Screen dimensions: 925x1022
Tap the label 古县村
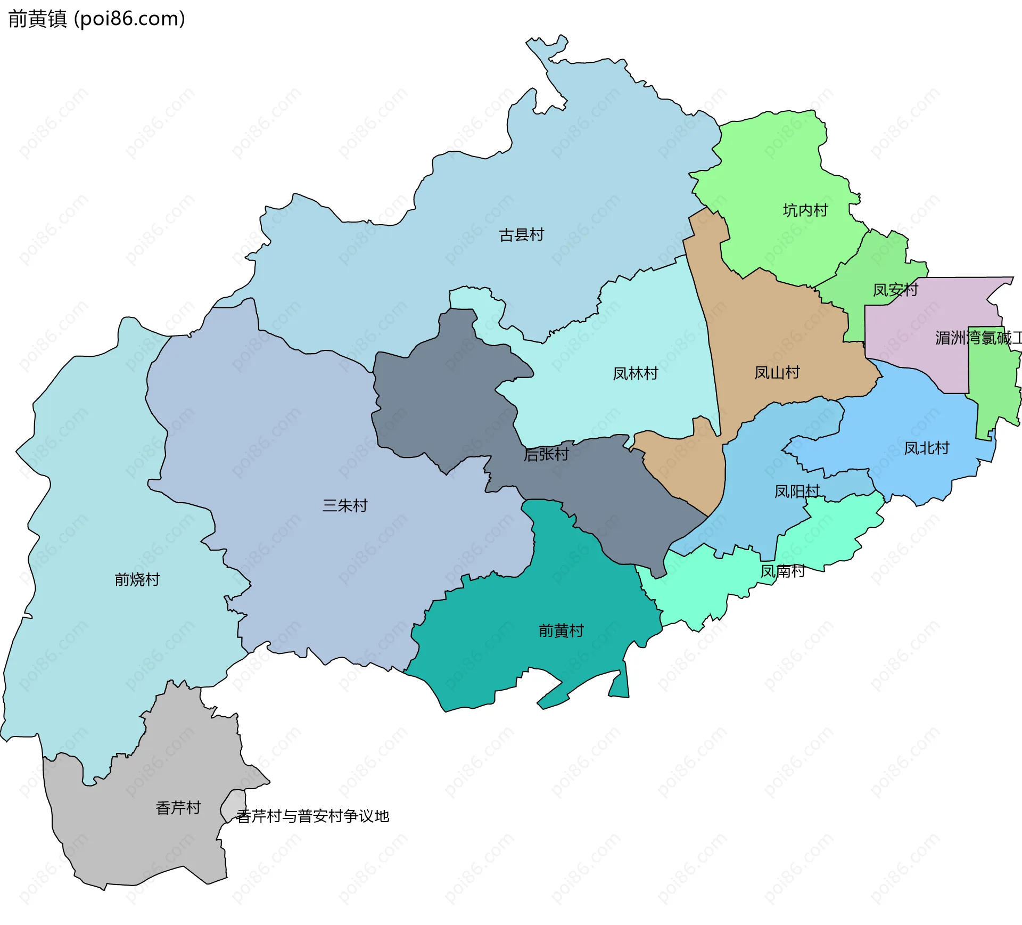(521, 235)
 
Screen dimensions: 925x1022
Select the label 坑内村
(805, 210)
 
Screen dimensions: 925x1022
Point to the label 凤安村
(895, 290)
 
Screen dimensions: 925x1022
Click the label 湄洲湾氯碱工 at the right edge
(978, 338)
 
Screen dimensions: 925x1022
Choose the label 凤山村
(777, 373)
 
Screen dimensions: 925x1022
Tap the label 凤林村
(635, 374)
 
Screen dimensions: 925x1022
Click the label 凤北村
(926, 448)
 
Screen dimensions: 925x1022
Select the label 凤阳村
(796, 492)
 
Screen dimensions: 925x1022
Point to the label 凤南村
(782, 571)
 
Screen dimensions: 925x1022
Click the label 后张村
(546, 454)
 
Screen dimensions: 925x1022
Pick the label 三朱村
(344, 505)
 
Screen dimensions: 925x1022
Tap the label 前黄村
(561, 631)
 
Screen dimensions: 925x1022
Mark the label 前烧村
(137, 579)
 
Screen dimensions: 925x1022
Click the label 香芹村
(178, 808)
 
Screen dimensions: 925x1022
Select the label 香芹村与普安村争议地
(313, 816)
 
